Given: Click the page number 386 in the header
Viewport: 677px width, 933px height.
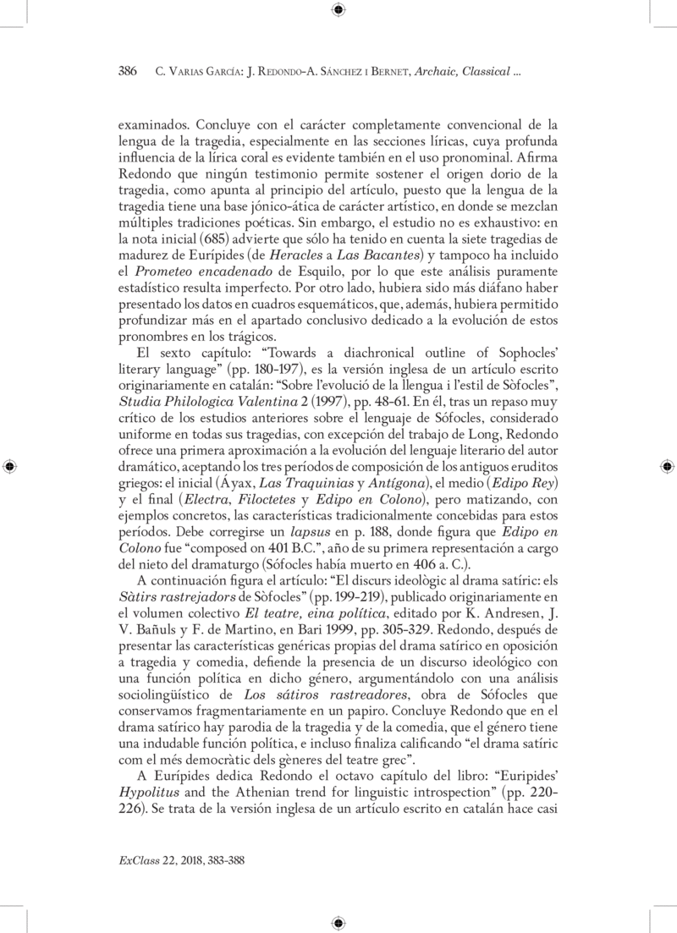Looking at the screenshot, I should click(x=127, y=72).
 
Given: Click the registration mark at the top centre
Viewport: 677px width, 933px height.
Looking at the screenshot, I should click(x=338, y=10).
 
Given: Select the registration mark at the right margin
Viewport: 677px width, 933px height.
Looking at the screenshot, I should click(x=667, y=466).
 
